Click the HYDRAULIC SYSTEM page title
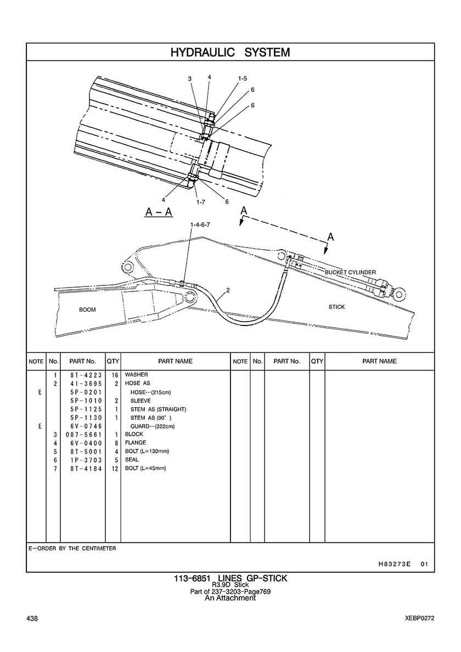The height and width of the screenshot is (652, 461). (230, 52)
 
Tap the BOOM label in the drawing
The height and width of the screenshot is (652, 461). (87, 310)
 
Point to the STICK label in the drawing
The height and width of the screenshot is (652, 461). (336, 307)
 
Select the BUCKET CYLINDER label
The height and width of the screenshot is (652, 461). (350, 272)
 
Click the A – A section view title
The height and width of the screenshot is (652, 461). (159, 212)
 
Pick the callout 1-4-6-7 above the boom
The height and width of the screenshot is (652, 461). (200, 225)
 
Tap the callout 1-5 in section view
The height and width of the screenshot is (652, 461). (242, 79)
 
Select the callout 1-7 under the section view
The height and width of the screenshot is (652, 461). (200, 202)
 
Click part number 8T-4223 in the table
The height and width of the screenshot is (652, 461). (83, 374)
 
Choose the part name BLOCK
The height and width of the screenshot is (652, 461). (134, 434)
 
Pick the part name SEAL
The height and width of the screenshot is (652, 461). (132, 460)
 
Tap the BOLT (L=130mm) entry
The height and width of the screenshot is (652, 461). (147, 451)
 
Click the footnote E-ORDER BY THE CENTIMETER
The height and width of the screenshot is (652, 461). (72, 548)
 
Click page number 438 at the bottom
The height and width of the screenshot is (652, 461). (32, 619)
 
